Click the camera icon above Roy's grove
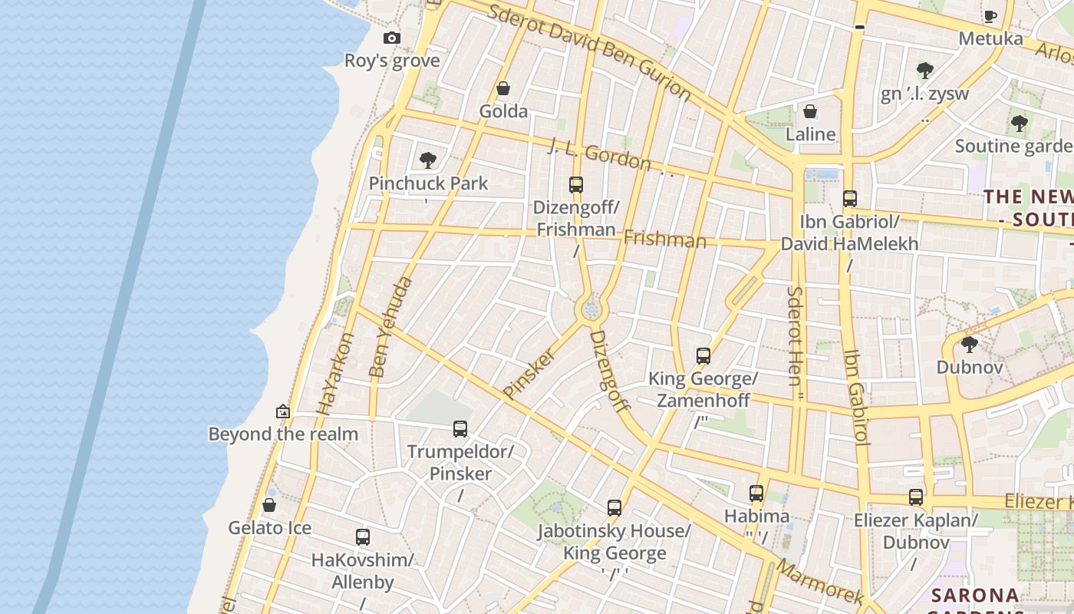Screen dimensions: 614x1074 [392, 38]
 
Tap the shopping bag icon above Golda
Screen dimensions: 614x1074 [503, 89]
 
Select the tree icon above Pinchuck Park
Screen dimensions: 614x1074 [428, 160]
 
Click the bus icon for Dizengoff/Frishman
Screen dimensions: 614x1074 [576, 185]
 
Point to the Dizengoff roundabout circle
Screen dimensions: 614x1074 [591, 310]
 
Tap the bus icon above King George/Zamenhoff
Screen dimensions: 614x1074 [703, 356]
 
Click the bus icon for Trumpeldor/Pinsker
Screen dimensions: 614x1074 [460, 429]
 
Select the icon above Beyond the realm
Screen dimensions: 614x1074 [283, 411]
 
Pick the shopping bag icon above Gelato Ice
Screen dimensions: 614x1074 [269, 505]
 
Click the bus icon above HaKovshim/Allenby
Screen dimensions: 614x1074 [363, 537]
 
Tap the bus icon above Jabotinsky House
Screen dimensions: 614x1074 [614, 508]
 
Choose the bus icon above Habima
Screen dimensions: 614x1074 [756, 494]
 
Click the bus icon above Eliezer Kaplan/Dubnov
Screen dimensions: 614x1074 [916, 497]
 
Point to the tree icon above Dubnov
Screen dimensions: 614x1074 [970, 345]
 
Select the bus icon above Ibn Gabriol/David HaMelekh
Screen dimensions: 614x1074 [849, 199]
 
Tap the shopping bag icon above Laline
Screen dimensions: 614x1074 [810, 112]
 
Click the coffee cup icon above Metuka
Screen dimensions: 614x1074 [990, 16]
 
